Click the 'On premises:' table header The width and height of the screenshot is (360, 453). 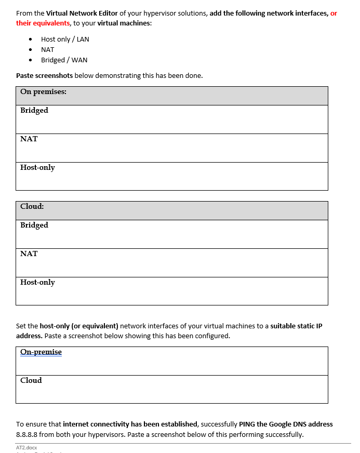click(43, 92)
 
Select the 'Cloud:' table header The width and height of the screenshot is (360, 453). click(32, 206)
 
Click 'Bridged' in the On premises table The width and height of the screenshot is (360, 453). click(34, 110)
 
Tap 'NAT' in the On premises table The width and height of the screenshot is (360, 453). click(29, 139)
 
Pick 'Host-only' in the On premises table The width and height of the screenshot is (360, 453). click(37, 167)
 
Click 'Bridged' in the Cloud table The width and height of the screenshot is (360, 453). click(34, 225)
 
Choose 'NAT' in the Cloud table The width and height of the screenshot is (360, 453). click(29, 254)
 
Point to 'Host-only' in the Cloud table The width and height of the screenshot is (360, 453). click(37, 282)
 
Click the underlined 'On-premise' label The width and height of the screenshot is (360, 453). click(41, 352)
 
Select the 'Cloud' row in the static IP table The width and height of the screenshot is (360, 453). click(31, 380)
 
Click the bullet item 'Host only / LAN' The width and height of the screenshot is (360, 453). click(65, 39)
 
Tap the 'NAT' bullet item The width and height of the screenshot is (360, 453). click(47, 49)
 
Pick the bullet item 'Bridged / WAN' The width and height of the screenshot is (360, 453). click(64, 60)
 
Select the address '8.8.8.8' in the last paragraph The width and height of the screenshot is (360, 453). click(28, 434)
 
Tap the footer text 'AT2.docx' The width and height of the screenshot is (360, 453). click(26, 447)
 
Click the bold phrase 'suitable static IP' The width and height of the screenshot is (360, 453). click(296, 326)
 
